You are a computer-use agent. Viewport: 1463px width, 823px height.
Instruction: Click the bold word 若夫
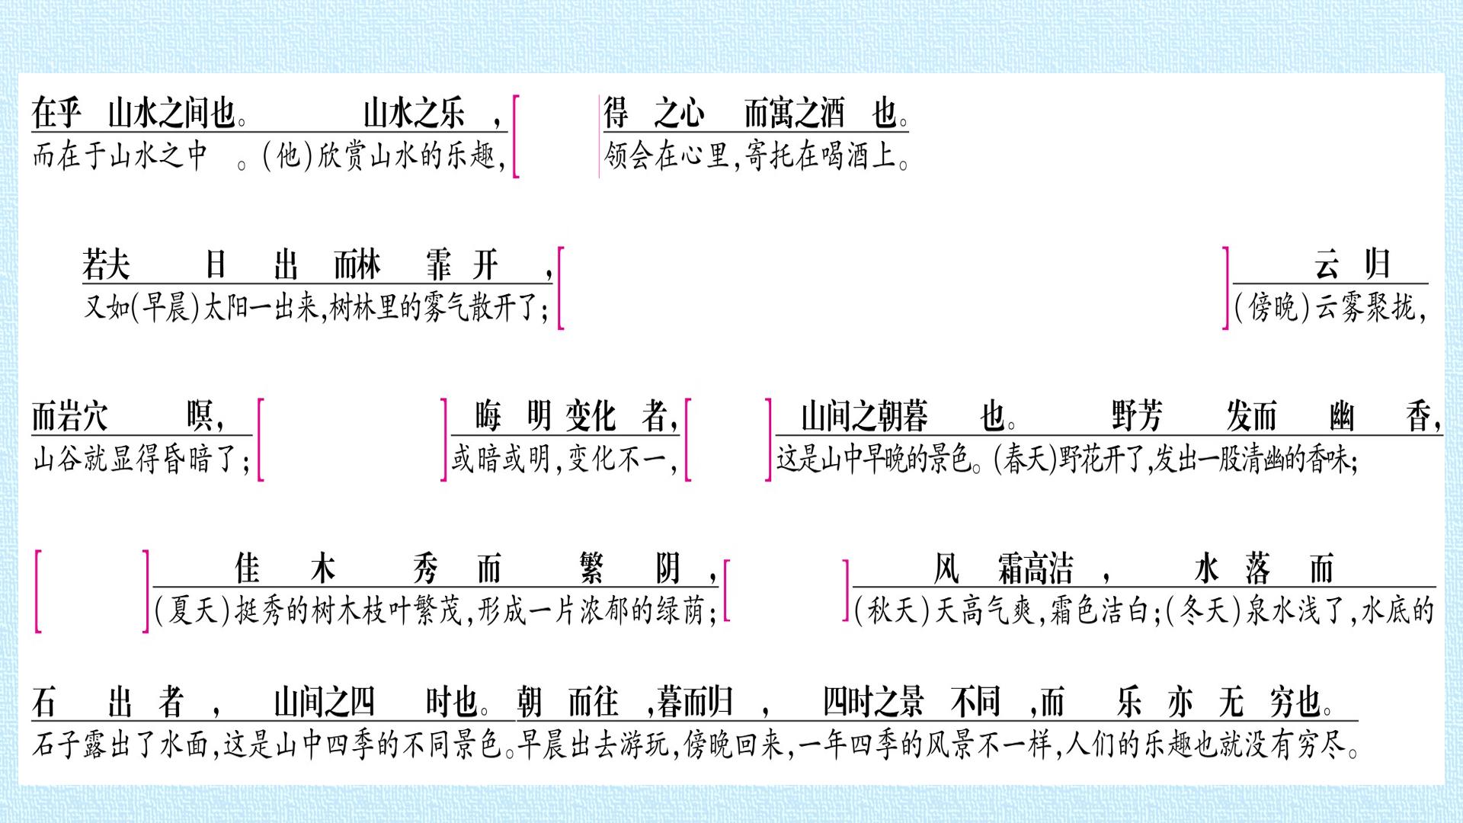click(106, 265)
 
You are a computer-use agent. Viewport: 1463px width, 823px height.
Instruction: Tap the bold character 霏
click(439, 265)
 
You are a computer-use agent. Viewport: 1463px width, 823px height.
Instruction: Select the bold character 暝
click(200, 416)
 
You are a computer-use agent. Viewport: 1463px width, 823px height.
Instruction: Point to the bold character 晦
click(488, 416)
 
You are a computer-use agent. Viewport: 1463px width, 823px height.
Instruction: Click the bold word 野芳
click(1137, 416)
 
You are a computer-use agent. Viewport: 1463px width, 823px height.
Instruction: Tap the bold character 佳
click(248, 568)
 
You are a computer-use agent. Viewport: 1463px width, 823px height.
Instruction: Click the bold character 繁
click(591, 568)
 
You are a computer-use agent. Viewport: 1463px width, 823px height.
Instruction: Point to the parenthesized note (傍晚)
click(1273, 308)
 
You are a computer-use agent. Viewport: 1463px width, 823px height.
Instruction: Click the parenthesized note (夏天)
click(193, 611)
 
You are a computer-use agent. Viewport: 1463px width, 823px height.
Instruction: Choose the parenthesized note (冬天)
click(1205, 611)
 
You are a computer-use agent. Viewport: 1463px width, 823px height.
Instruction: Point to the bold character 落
click(1258, 568)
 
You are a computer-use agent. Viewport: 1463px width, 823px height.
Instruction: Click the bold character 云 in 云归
click(1327, 265)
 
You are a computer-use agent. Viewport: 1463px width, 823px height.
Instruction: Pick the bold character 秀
click(425, 568)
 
